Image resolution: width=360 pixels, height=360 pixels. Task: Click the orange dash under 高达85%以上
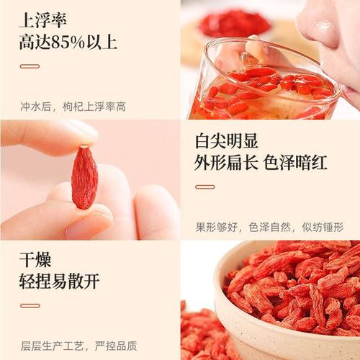click(30, 66)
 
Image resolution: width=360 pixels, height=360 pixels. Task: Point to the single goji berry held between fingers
click(85, 177)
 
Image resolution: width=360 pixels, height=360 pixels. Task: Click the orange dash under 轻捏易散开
click(30, 307)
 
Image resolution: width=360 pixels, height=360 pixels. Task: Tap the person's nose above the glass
click(317, 29)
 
